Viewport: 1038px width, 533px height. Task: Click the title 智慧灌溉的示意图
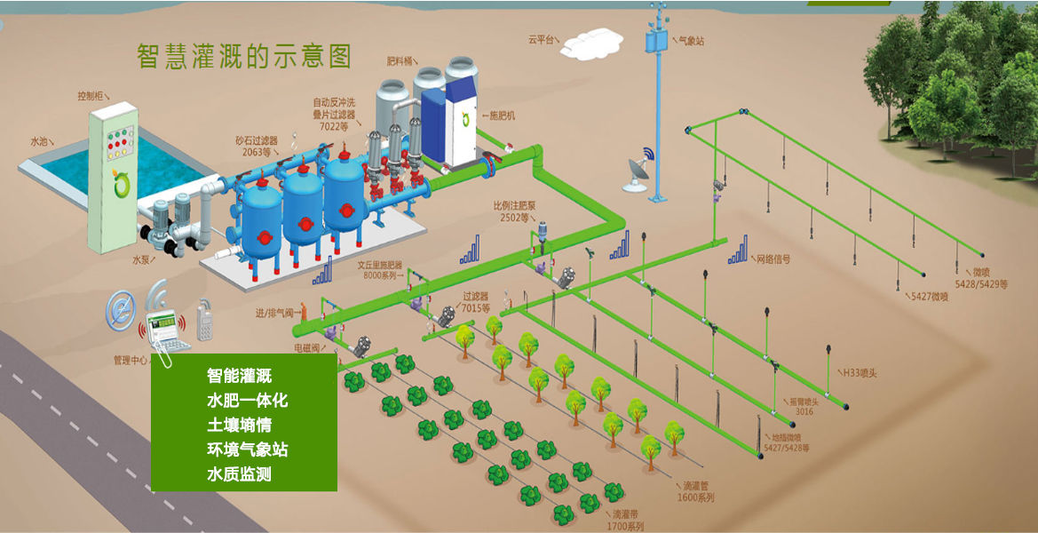coord(244,56)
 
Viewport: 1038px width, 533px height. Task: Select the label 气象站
coord(691,41)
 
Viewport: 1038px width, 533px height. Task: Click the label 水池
coord(40,141)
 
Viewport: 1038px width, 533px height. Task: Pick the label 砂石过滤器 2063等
coord(257,146)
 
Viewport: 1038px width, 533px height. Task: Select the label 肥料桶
coord(400,62)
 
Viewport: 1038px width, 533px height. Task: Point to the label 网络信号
coord(773,259)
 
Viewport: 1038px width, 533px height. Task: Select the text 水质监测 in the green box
coord(239,474)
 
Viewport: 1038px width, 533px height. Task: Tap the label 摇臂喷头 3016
coord(803,406)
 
